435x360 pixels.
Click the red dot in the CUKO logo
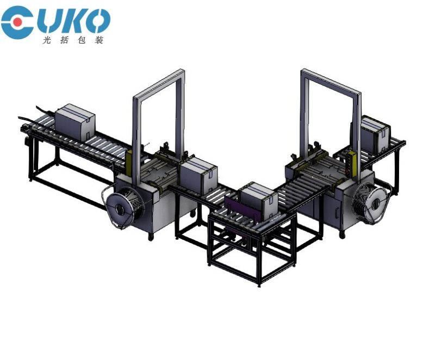click(x=18, y=22)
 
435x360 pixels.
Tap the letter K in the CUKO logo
click(x=73, y=21)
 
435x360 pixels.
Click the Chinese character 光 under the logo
click(x=47, y=40)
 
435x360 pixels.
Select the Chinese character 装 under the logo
click(x=99, y=40)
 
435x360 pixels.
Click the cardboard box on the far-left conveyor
click(x=75, y=122)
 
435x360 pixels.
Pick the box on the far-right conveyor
click(x=375, y=135)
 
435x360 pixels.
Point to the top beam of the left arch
click(x=159, y=84)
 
